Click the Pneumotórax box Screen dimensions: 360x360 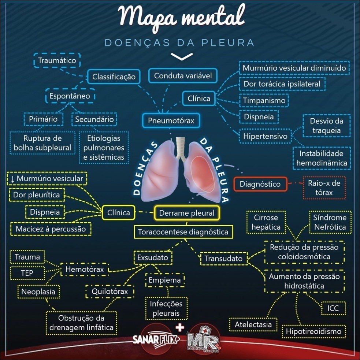click(x=171, y=120)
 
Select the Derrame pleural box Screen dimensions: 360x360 click(x=187, y=213)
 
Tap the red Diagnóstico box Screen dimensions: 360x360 click(x=260, y=184)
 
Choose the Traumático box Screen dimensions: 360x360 click(x=57, y=60)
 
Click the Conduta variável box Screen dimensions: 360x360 click(x=183, y=76)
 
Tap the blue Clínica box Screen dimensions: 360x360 click(x=199, y=99)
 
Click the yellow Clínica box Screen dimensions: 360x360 click(x=118, y=212)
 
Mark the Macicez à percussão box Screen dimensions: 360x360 click(x=51, y=229)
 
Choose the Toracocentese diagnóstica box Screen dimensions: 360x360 click(x=183, y=232)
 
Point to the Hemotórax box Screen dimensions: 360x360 click(x=84, y=270)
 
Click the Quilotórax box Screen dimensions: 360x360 click(x=110, y=292)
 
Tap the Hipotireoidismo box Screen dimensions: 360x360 click(x=314, y=331)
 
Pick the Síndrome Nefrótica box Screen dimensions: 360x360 click(x=330, y=222)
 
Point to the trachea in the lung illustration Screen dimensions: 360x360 click(x=180, y=146)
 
